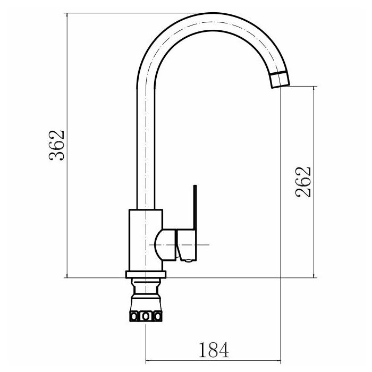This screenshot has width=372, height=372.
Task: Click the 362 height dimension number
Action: coord(57,146)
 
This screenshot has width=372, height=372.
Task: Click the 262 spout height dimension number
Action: coord(303,182)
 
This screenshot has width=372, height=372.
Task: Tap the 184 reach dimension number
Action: coord(214,350)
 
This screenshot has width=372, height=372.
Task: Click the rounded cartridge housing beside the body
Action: coord(165,245)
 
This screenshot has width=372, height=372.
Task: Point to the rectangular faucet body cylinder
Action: coord(146,240)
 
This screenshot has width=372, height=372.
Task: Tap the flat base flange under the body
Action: coord(146,275)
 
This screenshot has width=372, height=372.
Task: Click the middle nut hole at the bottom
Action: coord(146,316)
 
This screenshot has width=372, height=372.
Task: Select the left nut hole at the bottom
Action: coord(134,316)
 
